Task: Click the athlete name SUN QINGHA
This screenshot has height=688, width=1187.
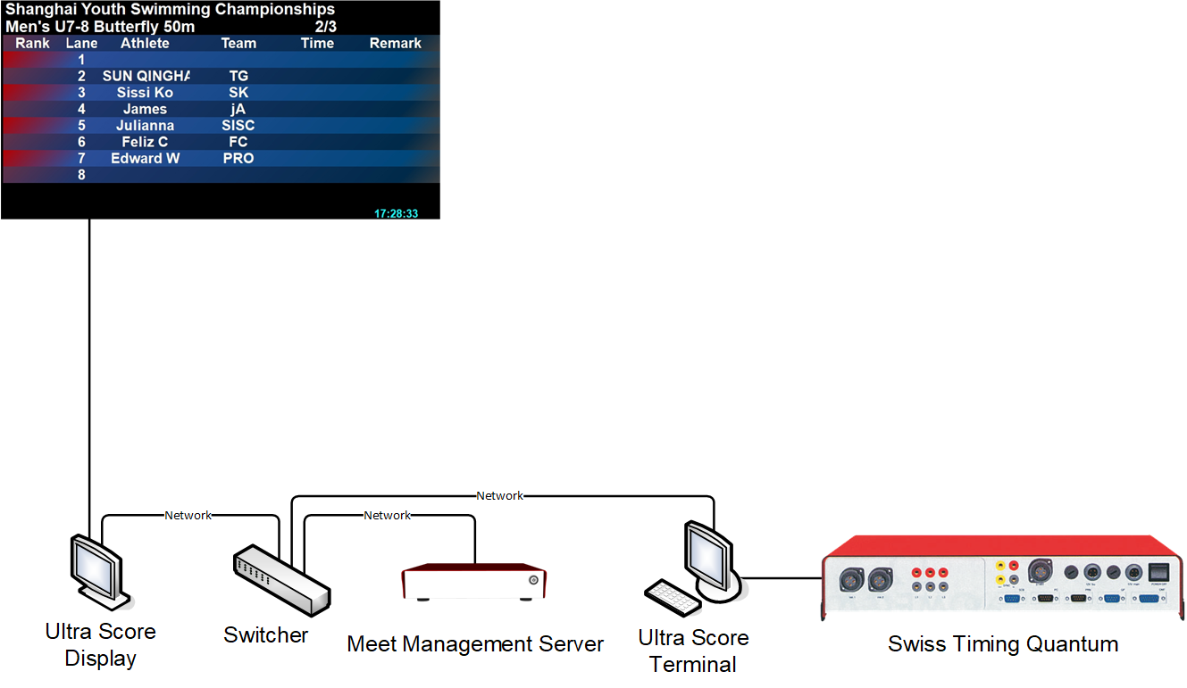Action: tap(146, 77)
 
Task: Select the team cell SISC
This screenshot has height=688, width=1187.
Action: tap(238, 126)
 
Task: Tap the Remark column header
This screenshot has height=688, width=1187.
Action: tap(396, 44)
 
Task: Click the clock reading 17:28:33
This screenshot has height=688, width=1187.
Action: tap(397, 214)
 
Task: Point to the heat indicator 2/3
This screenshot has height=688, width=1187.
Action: tap(326, 27)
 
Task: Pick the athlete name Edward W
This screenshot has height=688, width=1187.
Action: tap(146, 159)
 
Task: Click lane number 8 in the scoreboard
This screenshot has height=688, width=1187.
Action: tap(81, 175)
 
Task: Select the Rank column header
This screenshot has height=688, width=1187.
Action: tap(33, 44)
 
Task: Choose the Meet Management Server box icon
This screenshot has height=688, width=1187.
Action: tap(474, 581)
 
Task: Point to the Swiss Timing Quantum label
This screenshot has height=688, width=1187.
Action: tap(1002, 644)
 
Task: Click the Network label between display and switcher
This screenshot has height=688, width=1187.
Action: tap(188, 516)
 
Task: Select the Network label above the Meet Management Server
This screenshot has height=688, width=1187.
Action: tap(388, 516)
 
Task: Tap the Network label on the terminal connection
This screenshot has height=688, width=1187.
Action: tap(500, 496)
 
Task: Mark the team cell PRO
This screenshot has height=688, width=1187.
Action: tap(238, 159)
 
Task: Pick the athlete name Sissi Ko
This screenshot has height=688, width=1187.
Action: tap(145, 93)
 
